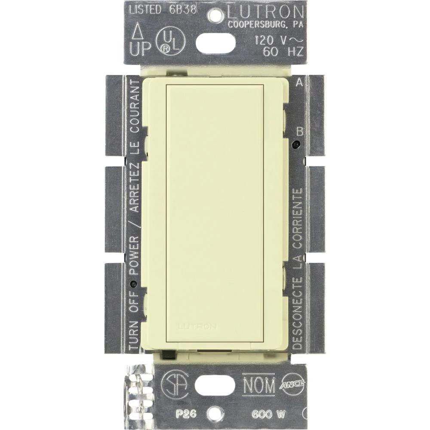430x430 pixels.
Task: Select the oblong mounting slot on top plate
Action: click(x=215, y=43)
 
